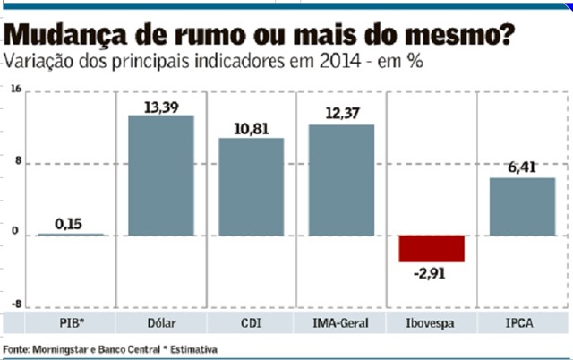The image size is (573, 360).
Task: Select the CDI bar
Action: [x=252, y=187]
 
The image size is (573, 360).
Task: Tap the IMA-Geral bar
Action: [x=341, y=180]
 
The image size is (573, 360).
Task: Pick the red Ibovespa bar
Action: [x=432, y=248]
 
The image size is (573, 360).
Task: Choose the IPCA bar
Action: [x=522, y=207]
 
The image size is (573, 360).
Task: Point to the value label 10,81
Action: [x=252, y=129]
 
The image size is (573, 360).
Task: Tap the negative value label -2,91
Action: [x=432, y=272]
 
